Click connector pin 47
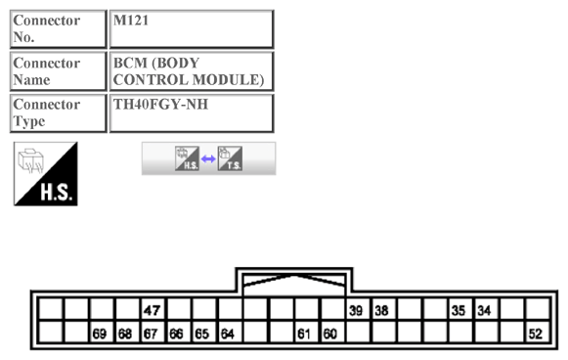pyautogui.click(x=152, y=310)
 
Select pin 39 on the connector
pyautogui.click(x=357, y=310)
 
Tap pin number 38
pyautogui.click(x=382, y=310)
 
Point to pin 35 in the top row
pyautogui.click(x=459, y=310)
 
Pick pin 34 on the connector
pyautogui.click(x=484, y=310)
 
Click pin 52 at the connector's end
pyautogui.click(x=535, y=334)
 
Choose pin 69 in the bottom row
pyautogui.click(x=100, y=334)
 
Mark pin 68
pyautogui.click(x=125, y=334)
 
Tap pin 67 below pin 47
pyautogui.click(x=152, y=334)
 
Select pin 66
pyautogui.click(x=177, y=334)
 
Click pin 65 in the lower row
pyautogui.click(x=202, y=334)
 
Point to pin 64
pyautogui.click(x=228, y=334)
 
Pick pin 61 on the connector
pyautogui.click(x=305, y=334)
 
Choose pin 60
pyautogui.click(x=330, y=334)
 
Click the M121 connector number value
pyautogui.click(x=192, y=28)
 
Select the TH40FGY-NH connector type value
pyautogui.click(x=192, y=112)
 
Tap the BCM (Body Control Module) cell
pyautogui.click(x=192, y=70)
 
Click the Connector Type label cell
pyautogui.click(x=58, y=112)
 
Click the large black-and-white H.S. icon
pyautogui.click(x=45, y=174)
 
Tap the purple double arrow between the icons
pyautogui.click(x=208, y=158)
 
